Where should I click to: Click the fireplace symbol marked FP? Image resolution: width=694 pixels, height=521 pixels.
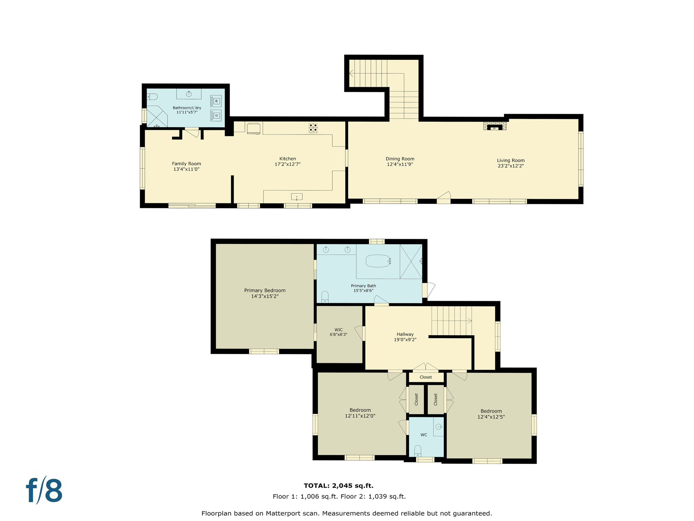click(494, 128)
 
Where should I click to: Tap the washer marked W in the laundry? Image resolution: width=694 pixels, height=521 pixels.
click(216, 101)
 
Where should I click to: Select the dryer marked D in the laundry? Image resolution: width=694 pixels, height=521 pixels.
click(216, 116)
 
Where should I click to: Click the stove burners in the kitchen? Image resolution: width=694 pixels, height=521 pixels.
click(313, 128)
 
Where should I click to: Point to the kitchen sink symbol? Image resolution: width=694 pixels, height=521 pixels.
click(297, 197)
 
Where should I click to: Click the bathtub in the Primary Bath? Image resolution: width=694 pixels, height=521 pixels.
click(378, 261)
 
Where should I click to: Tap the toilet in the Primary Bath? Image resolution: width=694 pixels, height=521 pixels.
click(325, 297)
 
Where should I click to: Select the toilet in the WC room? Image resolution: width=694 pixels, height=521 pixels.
click(418, 451)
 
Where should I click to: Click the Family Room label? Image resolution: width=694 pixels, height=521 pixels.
click(186, 163)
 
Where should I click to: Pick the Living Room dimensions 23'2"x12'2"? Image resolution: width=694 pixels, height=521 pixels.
click(511, 166)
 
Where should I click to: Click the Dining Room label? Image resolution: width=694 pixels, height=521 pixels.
click(400, 159)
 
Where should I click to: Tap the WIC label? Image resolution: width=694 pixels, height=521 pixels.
click(339, 330)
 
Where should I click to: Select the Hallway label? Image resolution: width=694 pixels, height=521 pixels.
click(405, 334)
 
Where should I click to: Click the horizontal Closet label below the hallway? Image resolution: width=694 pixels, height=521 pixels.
click(426, 377)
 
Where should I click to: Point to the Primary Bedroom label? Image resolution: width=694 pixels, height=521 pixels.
click(265, 290)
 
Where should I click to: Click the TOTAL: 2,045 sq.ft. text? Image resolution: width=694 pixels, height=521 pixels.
click(339, 486)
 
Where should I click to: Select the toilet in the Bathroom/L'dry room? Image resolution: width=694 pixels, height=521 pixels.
click(152, 97)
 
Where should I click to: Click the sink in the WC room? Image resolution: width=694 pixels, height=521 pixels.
click(439, 427)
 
